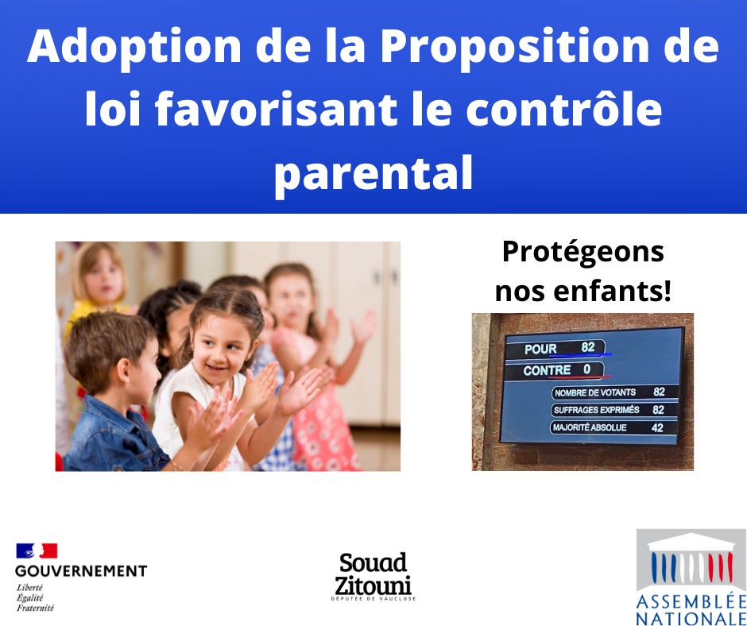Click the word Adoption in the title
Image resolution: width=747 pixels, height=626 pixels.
pos(134,47)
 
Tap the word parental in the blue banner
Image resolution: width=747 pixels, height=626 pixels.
pos(373,173)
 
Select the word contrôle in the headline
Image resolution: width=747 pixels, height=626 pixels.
pos(563,109)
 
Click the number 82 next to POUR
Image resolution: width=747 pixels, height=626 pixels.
pos(588,347)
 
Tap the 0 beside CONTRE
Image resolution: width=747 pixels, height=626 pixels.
pos(586,369)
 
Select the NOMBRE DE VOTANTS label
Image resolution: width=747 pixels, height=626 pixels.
pos(594,392)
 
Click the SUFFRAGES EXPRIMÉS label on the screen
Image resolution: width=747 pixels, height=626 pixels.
pos(596,410)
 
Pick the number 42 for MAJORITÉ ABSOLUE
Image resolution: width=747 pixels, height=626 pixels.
pos(657,428)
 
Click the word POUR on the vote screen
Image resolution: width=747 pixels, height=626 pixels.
pos(540,350)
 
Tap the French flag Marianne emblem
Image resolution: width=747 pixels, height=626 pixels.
pos(37,551)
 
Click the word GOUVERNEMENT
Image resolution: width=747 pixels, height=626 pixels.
pos(81,570)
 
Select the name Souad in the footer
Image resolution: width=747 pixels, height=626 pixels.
pos(373,562)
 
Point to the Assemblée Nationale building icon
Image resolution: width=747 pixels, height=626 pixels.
pos(691,560)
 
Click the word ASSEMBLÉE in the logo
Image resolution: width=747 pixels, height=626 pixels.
pos(691,601)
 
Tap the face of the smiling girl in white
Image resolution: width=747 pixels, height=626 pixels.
pos(220,344)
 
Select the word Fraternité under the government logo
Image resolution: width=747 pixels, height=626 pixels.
pos(35,608)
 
